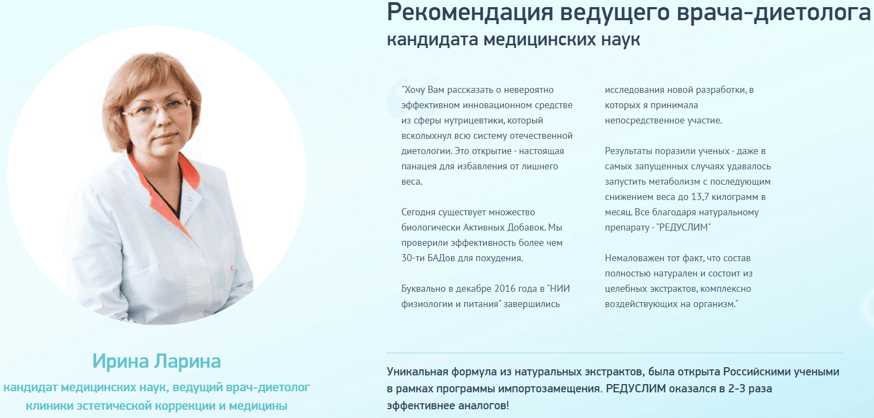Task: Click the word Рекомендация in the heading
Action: tap(470, 13)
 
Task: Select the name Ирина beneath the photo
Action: tap(120, 361)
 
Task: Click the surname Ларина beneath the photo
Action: tap(187, 361)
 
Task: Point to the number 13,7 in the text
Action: tap(700, 197)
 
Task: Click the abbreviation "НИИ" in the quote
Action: tap(559, 289)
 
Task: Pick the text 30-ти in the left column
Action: tap(413, 258)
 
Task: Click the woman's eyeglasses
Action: tap(155, 109)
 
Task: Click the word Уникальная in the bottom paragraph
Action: tap(417, 372)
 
